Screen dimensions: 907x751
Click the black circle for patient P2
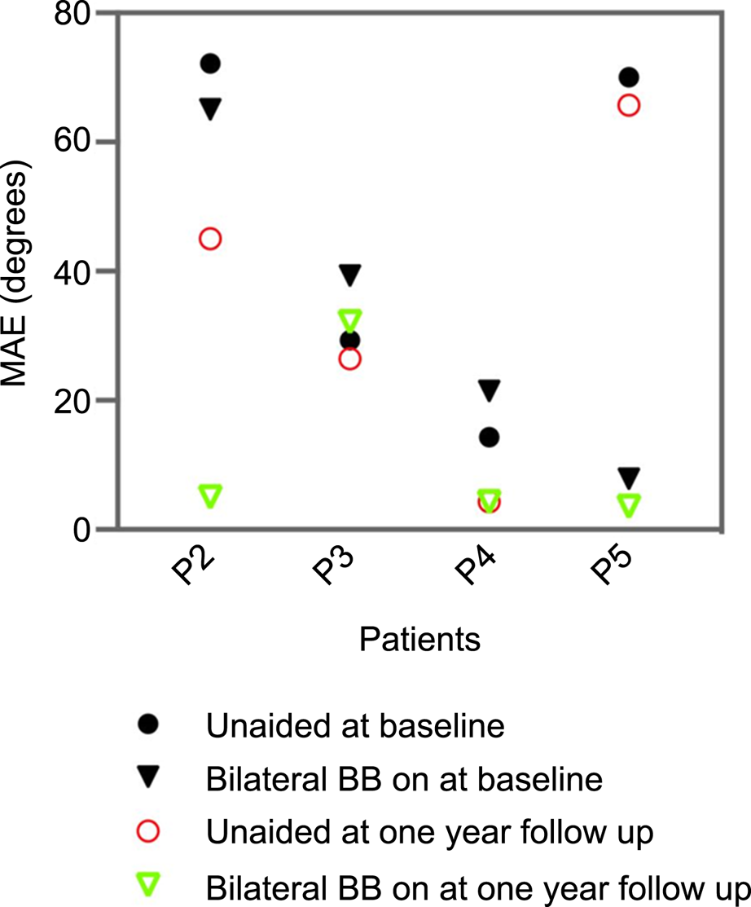click(210, 64)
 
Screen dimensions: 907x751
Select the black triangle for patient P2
click(210, 108)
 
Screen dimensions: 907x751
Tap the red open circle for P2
click(210, 239)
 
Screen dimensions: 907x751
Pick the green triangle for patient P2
click(210, 495)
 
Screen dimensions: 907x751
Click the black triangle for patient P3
click(349, 275)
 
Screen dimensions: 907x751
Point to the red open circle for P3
click(349, 359)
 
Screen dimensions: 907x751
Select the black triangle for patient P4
click(489, 390)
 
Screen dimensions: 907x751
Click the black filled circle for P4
click(489, 438)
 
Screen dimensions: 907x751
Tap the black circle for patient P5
click(628, 77)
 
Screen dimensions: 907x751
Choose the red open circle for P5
click(628, 105)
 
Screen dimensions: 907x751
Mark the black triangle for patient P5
click(628, 477)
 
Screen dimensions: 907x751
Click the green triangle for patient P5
click(628, 504)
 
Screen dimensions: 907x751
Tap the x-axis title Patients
click(419, 640)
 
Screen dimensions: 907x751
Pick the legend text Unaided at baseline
click(355, 725)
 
